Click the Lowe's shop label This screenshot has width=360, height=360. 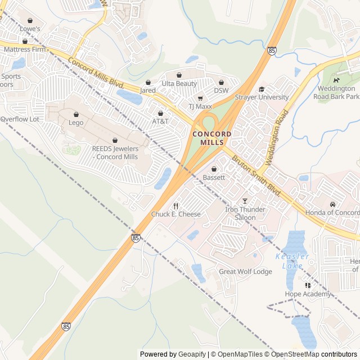[x=30, y=28]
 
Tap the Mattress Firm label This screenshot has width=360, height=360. [x=24, y=49]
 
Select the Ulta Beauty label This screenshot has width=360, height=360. [x=179, y=84]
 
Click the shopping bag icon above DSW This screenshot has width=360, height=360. [x=221, y=82]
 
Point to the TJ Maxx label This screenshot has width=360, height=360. [x=199, y=106]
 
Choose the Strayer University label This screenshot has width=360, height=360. [x=262, y=97]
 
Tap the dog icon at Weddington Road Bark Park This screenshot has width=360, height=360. [x=336, y=80]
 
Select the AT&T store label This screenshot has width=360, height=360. [x=160, y=121]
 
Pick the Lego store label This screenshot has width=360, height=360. [x=76, y=123]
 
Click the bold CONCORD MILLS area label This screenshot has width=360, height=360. [x=211, y=138]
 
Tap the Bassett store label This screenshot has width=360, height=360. [x=214, y=177]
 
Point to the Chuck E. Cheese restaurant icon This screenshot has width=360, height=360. [x=175, y=206]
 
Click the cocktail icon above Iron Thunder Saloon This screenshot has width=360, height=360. [x=245, y=201]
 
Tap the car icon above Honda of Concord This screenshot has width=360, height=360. [x=332, y=204]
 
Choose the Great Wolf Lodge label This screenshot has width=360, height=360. [x=245, y=272]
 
